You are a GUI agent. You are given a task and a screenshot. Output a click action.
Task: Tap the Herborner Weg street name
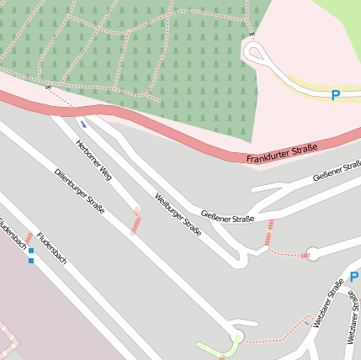(x=93, y=160)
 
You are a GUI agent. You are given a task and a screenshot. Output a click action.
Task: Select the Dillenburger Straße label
(x=79, y=191)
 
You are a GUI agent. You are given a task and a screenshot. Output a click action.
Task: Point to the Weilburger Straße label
(x=178, y=214)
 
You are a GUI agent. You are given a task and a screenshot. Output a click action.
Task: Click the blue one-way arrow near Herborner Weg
(x=82, y=124)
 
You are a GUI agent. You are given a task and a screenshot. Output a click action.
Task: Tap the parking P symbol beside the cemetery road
(x=335, y=95)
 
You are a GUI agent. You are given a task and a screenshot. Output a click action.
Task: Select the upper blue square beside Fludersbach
(x=31, y=251)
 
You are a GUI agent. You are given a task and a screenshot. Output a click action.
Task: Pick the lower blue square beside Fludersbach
(x=31, y=261)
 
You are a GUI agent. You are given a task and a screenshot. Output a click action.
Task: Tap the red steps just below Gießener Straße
(x=269, y=233)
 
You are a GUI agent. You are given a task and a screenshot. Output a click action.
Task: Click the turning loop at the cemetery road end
(x=254, y=52)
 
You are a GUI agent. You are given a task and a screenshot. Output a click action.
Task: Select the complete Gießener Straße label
(x=226, y=219)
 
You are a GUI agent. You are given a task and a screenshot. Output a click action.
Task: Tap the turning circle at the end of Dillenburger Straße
(x=236, y=337)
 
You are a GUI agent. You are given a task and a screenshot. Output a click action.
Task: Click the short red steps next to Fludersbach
(x=28, y=238)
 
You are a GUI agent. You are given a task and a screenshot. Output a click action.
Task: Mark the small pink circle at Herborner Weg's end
(x=137, y=210)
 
